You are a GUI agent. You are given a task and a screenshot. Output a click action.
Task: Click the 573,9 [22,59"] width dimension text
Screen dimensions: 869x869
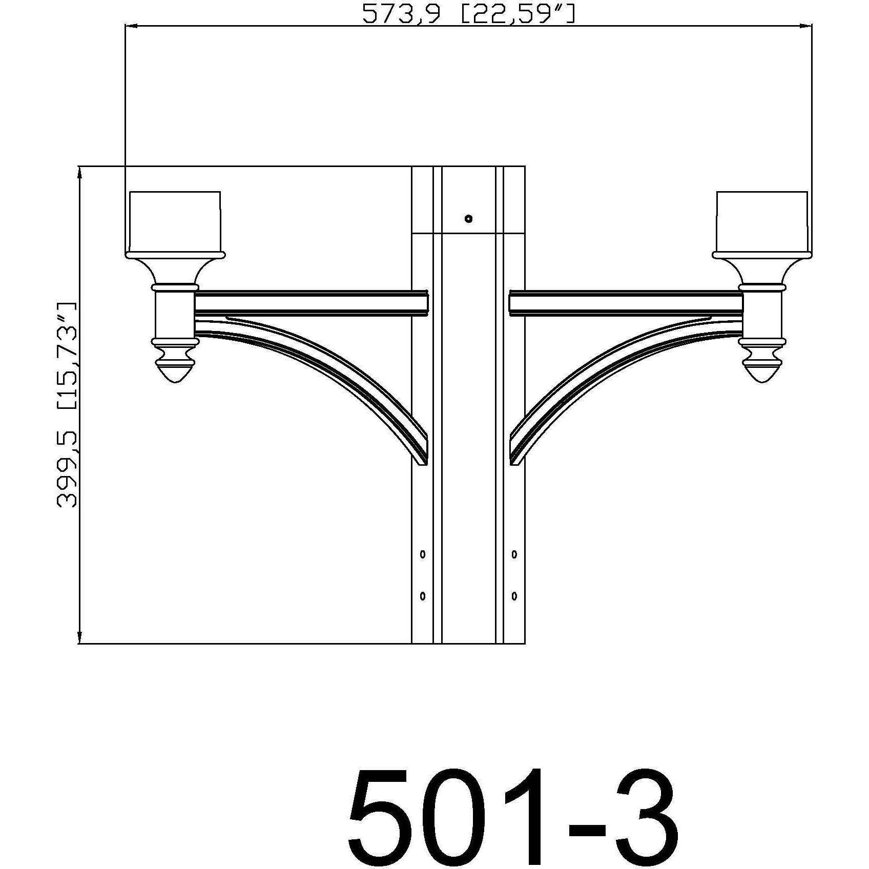(468, 14)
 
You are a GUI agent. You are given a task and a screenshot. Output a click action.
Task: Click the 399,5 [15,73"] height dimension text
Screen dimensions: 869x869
(67, 405)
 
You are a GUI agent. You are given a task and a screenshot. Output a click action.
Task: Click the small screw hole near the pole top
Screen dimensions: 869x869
(468, 219)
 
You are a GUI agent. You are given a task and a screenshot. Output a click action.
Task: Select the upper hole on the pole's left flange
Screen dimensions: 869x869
(423, 554)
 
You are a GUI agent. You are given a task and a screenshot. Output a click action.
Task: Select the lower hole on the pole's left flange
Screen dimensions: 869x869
(423, 596)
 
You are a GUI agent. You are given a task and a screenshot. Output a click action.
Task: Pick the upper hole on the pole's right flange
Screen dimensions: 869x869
(514, 554)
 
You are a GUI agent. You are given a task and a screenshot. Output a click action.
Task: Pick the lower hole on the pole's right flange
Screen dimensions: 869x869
(514, 596)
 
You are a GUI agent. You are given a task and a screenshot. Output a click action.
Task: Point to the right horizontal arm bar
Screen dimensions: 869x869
(625, 303)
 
